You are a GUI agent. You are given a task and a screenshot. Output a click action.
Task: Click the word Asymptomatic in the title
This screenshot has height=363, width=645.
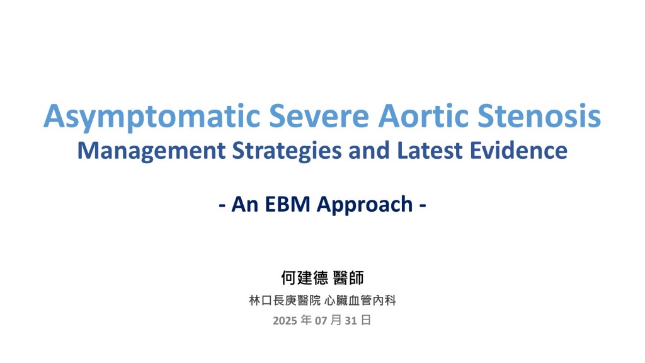click(152, 117)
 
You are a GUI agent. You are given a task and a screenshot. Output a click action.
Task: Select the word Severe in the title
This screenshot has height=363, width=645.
click(319, 116)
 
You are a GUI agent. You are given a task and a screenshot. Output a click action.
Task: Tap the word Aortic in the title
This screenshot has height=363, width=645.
click(423, 116)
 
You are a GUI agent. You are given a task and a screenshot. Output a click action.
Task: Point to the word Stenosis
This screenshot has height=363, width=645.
click(539, 116)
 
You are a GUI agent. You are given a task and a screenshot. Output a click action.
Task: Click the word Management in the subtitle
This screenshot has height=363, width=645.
click(151, 151)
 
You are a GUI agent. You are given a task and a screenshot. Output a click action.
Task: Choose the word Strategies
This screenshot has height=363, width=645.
click(287, 151)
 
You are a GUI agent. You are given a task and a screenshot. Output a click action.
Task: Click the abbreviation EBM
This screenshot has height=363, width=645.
click(287, 204)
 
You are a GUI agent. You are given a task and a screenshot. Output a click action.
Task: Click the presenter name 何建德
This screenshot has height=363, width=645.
click(304, 278)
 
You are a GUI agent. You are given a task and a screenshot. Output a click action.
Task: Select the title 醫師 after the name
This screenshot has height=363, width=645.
click(348, 278)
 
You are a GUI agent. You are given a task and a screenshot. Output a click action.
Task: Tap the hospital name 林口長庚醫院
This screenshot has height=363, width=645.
click(285, 301)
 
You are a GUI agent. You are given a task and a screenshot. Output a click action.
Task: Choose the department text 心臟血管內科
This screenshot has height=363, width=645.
click(360, 301)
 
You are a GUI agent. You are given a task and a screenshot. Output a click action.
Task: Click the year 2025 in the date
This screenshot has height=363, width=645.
click(285, 321)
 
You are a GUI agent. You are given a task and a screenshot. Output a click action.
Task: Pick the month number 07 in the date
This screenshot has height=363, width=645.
click(321, 321)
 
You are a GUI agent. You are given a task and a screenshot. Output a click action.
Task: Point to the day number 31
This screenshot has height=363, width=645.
click(350, 321)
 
